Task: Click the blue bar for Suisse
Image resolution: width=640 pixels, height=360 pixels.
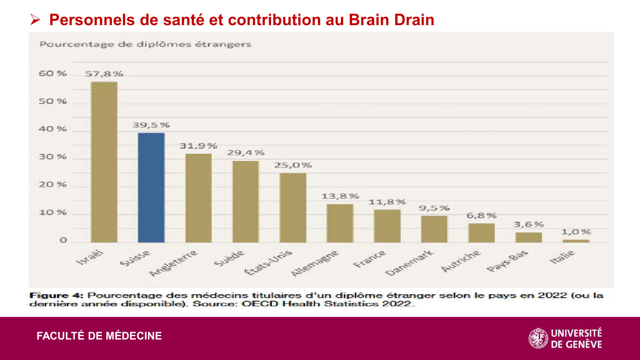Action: [151, 188]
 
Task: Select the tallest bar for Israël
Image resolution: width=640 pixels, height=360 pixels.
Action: [104, 162]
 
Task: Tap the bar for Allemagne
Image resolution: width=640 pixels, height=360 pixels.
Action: [340, 223]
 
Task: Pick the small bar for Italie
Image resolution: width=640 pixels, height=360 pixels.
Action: [576, 241]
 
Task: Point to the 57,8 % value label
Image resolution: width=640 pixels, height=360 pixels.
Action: [104, 74]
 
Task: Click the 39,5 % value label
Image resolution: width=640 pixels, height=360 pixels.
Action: [151, 125]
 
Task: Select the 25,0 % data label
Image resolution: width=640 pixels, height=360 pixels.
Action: [293, 165]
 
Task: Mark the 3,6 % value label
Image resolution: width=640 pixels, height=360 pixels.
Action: [529, 224]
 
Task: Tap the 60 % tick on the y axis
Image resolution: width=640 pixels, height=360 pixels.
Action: [53, 73]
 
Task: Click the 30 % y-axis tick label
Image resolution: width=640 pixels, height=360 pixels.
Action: [53, 157]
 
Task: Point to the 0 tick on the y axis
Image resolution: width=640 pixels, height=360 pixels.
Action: [63, 240]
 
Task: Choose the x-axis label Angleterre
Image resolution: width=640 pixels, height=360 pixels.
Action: [174, 263]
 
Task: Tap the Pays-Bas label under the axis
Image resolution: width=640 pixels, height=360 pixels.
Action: [507, 261]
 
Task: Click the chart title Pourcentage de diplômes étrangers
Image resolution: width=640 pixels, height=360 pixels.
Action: [145, 44]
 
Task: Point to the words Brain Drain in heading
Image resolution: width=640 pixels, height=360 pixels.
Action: [391, 20]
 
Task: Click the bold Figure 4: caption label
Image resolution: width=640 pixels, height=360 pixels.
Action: [56, 295]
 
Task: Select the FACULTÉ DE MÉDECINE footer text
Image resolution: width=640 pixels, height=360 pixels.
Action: [99, 336]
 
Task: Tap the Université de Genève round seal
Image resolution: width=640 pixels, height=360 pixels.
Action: [538, 338]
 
